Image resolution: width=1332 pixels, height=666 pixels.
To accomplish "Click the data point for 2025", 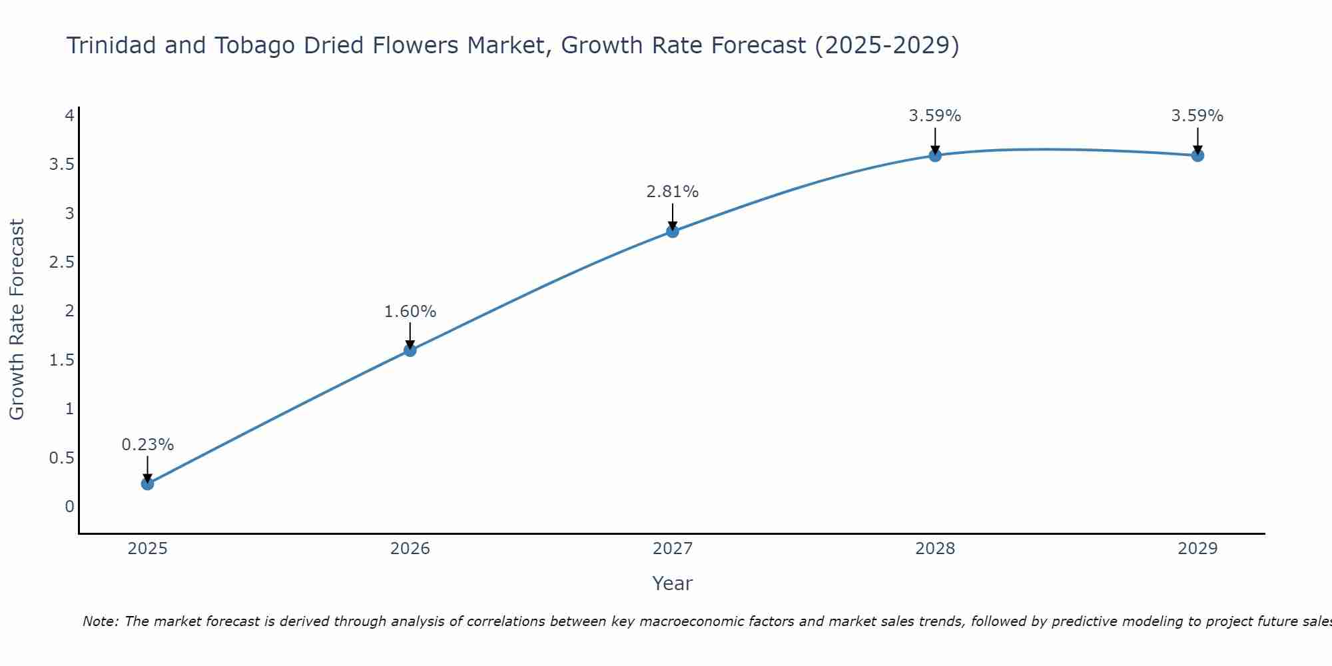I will (x=148, y=484).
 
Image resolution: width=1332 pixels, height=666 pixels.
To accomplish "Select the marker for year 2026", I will (x=410, y=350).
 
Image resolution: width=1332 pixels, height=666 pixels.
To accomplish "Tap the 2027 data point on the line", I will (x=673, y=231).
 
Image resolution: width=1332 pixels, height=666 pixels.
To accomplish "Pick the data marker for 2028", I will (x=935, y=155).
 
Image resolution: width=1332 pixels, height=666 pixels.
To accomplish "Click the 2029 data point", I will (x=1197, y=155).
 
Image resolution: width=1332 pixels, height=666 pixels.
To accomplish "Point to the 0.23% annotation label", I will (x=148, y=445).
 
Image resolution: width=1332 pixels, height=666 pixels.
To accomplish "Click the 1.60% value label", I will (x=410, y=312).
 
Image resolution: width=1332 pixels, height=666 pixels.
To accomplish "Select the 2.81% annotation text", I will (x=673, y=192).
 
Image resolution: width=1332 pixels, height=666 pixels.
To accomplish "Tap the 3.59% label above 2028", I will (x=935, y=116).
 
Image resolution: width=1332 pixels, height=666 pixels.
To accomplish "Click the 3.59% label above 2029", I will (x=1197, y=116).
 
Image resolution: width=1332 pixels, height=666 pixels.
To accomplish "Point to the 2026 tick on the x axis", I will (x=410, y=549).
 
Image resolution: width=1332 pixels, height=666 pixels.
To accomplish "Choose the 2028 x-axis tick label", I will (x=935, y=549).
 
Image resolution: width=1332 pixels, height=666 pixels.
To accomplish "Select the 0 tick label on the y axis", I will (x=70, y=507).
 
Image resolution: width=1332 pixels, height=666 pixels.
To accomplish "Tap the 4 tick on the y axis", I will (x=69, y=116).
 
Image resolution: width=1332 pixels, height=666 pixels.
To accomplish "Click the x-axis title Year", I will (x=673, y=583).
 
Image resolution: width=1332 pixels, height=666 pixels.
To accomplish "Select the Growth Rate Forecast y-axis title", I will (x=17, y=320).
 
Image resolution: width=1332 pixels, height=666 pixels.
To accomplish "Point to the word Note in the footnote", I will (x=100, y=621).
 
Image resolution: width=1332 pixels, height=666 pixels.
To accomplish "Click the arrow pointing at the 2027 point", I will (x=673, y=216).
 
